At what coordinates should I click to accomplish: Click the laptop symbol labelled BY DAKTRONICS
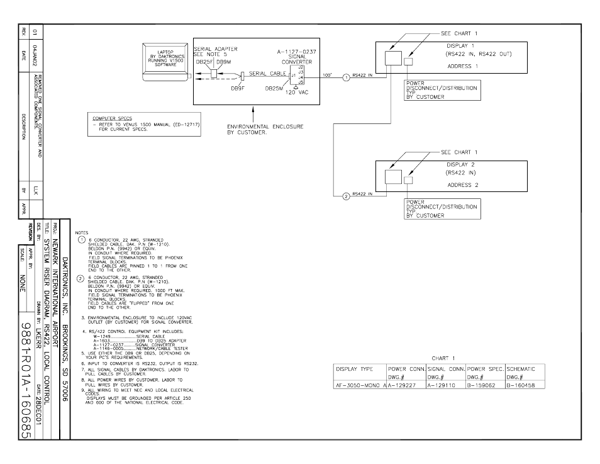coord(165,60)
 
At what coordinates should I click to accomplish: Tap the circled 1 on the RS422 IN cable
coord(346,77)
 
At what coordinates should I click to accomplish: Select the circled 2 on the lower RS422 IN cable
coord(346,196)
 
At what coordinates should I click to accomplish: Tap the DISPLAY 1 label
coord(460,46)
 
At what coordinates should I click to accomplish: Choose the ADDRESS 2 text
coord(463,185)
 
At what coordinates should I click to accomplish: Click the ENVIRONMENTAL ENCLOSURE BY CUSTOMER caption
coord(265,129)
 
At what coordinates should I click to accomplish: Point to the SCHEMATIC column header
coord(521,368)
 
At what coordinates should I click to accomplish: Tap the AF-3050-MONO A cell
coord(359,385)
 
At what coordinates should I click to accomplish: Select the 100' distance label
coord(327,76)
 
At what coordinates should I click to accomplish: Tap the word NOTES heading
coord(82,232)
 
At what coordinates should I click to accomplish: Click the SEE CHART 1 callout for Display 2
coord(459,152)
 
